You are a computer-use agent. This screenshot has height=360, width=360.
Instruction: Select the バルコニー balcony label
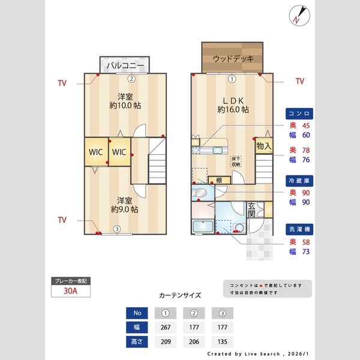[125, 65]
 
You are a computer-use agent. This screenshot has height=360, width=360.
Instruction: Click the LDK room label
[233, 100]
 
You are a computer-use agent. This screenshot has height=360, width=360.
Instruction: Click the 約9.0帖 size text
[124, 209]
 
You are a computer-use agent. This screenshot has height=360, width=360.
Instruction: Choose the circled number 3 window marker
[118, 229]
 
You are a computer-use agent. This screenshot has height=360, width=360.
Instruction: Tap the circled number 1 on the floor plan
[232, 78]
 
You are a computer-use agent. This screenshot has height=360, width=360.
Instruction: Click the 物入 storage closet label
[264, 146]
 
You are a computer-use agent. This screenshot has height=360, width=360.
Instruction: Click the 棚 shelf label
[219, 181]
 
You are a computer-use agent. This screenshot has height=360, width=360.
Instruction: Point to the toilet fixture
[201, 192]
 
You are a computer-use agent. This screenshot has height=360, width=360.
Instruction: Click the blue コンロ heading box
[299, 113]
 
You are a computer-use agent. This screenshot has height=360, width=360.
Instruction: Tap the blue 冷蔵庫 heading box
[299, 179]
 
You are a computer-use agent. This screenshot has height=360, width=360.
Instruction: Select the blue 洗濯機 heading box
[299, 229]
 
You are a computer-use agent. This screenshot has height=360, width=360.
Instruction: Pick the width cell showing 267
[166, 328]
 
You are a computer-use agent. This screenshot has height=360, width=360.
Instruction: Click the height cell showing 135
[222, 343]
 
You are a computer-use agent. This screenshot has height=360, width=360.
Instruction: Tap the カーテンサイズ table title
[180, 296]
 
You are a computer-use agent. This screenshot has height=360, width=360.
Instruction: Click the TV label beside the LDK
[299, 81]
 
